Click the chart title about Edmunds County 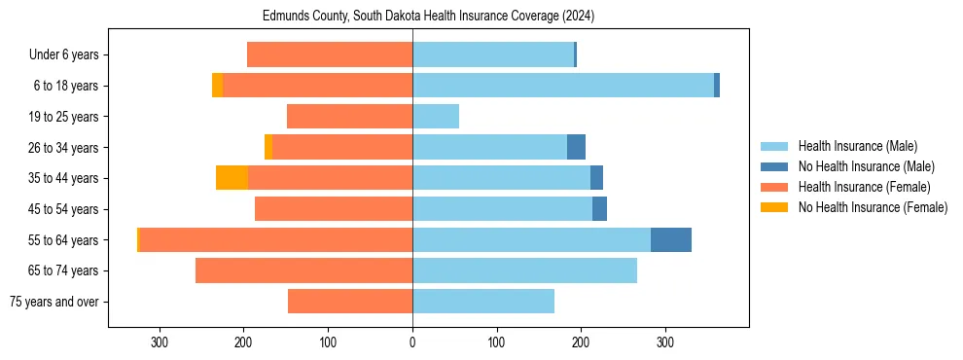coord(428,17)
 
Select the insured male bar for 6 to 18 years coord(563,86)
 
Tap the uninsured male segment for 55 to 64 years coord(671,239)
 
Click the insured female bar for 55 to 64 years coord(276,239)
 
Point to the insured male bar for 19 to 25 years coord(436,117)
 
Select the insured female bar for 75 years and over coord(350,301)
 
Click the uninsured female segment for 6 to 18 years coord(218,86)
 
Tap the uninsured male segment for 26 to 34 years coord(577,147)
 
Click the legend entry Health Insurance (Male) coord(857,146)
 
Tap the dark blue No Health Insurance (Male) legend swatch coord(775,166)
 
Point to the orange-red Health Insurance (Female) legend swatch coord(775,187)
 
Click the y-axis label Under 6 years coord(69,55)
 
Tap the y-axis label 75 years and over coord(57,302)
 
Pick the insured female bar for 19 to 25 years coord(350,117)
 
